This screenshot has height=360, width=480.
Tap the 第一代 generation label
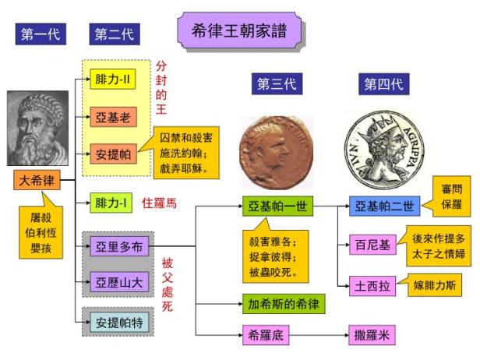(x=40, y=34)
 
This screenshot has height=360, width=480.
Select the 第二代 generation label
(x=113, y=34)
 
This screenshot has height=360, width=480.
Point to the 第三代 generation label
(x=276, y=84)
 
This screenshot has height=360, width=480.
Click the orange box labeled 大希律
(x=37, y=181)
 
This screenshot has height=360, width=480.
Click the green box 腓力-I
(x=111, y=203)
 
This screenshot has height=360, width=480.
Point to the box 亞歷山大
(x=115, y=281)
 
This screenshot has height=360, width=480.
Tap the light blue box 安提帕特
(x=115, y=320)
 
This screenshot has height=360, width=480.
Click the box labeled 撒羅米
(x=372, y=336)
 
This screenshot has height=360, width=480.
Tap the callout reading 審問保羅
(x=450, y=198)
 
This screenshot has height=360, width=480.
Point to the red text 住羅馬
(x=160, y=203)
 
